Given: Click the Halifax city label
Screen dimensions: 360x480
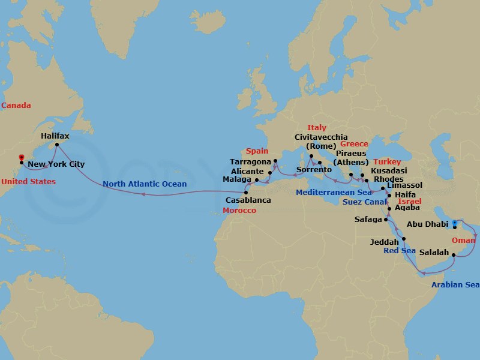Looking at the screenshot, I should point(55,136).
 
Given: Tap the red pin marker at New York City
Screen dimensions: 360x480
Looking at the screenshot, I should point(22,157).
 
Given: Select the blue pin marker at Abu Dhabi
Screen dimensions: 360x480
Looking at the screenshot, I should point(454,223).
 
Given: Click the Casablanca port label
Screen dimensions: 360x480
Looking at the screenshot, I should point(248,200).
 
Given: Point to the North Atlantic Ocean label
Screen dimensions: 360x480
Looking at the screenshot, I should point(144,184).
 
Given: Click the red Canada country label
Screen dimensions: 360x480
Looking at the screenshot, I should point(16,106).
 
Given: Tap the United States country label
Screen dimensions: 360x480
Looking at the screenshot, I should point(28,181).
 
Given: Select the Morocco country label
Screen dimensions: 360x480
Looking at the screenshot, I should point(239,211).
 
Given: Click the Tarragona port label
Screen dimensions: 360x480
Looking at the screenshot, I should point(251,162).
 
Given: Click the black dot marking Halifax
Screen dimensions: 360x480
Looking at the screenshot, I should point(57,145).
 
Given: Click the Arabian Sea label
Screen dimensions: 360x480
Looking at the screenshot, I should point(456,284).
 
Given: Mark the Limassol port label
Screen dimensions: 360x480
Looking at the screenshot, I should point(406,186).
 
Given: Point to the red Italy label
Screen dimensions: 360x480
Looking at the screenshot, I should point(317,128).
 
